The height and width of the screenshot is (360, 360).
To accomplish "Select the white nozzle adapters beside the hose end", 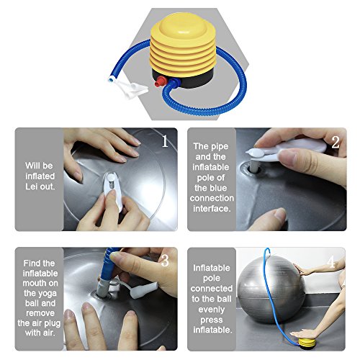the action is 131,90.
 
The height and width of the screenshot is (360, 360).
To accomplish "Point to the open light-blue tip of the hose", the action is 112,79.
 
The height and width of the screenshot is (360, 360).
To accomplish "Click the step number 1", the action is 165,141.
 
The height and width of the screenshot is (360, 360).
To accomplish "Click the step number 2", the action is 336,142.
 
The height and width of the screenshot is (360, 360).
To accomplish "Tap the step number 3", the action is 165,260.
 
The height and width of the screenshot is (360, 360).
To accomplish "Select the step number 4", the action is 331,261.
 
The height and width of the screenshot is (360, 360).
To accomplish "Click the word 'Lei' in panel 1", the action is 31,186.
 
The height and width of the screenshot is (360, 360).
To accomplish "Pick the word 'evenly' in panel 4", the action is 212,310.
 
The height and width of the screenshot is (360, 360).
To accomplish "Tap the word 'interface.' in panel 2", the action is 212,209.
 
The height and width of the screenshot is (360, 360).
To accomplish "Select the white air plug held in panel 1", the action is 112,189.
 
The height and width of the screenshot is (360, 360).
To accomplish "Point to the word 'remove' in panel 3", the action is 40,313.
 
